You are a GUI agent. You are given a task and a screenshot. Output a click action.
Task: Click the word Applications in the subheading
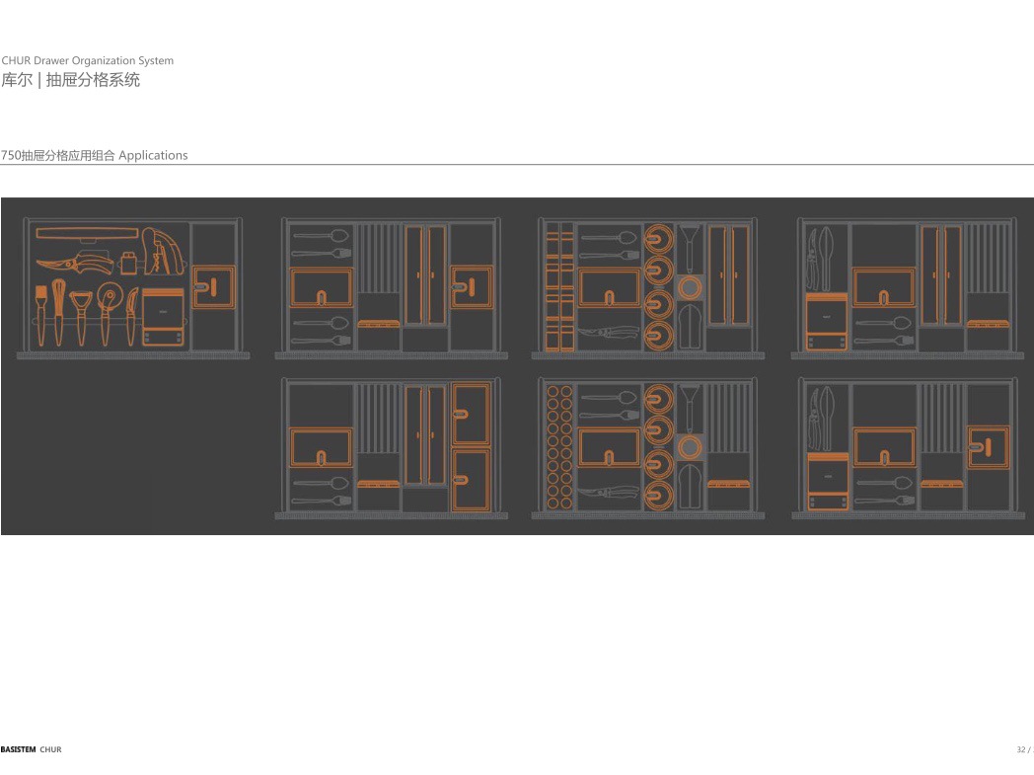(x=153, y=155)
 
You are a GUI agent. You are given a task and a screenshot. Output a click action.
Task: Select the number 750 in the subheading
(x=11, y=155)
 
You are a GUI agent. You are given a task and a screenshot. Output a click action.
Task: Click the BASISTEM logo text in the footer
(x=18, y=750)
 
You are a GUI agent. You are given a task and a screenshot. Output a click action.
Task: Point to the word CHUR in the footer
(x=50, y=750)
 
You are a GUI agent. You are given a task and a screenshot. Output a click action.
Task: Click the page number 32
(x=1021, y=750)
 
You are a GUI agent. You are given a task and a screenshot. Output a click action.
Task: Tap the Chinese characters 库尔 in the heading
(x=15, y=80)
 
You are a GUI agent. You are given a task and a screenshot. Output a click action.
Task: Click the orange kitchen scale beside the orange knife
(x=164, y=318)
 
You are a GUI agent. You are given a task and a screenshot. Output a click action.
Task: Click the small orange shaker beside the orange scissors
(x=127, y=263)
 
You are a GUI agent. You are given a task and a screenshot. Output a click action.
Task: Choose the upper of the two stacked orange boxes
(x=471, y=415)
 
